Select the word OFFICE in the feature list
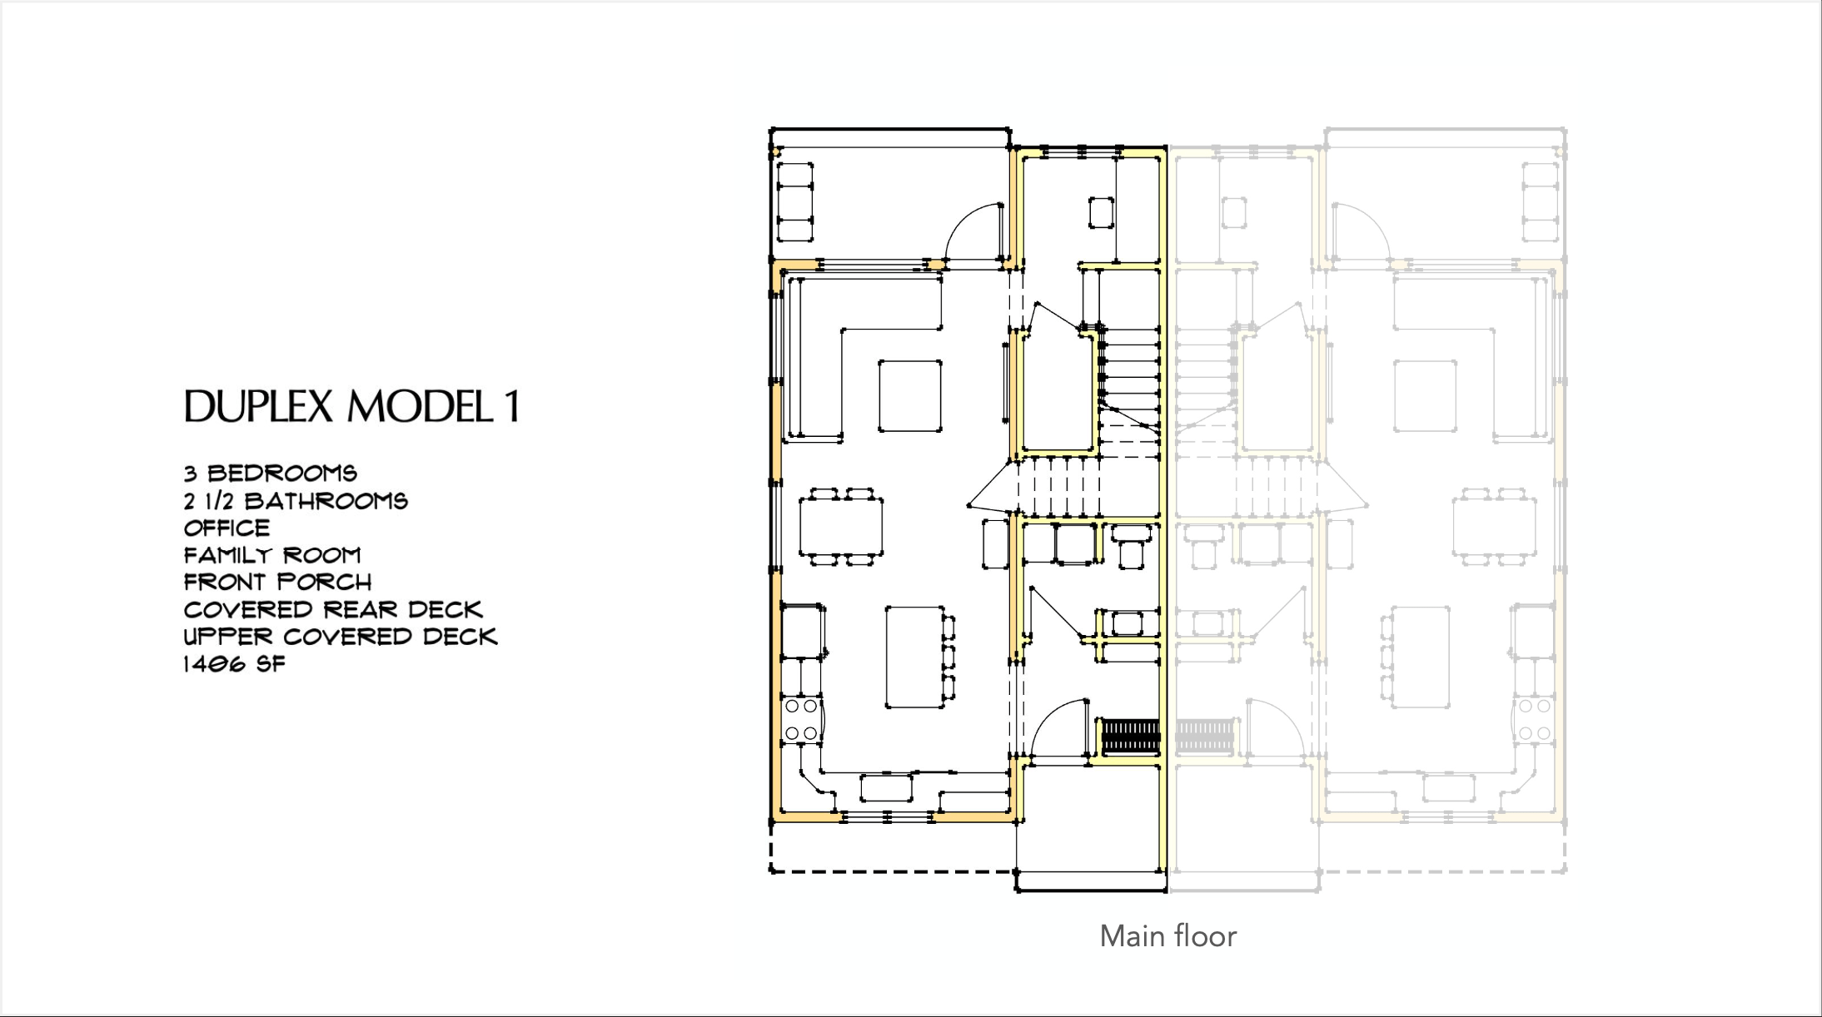point(227,528)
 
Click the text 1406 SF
point(234,664)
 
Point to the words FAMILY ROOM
point(272,555)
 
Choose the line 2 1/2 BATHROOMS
point(296,501)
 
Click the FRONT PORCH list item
point(277,582)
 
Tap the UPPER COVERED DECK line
point(341,637)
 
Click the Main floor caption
point(1167,936)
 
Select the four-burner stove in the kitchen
point(801,720)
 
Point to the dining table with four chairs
point(840,527)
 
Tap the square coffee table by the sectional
point(910,396)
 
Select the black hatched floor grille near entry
point(1130,736)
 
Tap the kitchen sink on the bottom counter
point(886,786)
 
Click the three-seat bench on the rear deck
point(795,202)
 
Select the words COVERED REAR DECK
point(333,609)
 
